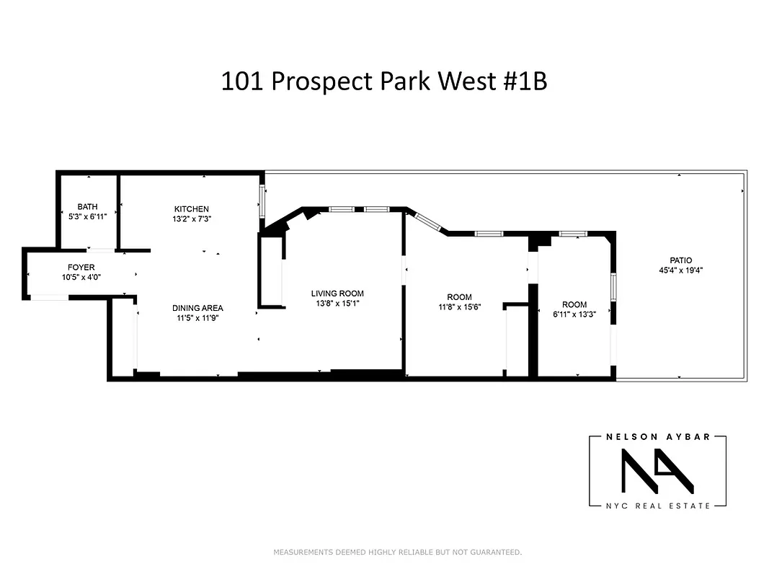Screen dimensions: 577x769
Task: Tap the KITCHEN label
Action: (191, 209)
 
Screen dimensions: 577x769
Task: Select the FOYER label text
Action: (81, 268)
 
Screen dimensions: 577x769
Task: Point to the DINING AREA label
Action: (197, 308)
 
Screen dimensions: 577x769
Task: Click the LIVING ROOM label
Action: (337, 294)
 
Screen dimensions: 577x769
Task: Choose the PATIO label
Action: (680, 261)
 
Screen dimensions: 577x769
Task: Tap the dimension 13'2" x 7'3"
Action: (191, 219)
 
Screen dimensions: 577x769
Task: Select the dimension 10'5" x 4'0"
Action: (81, 277)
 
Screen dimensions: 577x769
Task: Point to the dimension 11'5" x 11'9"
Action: (197, 317)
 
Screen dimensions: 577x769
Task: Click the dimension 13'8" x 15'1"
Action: (337, 303)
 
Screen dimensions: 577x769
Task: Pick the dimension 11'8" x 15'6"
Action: (459, 307)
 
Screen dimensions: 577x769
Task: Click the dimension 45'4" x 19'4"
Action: (680, 270)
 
